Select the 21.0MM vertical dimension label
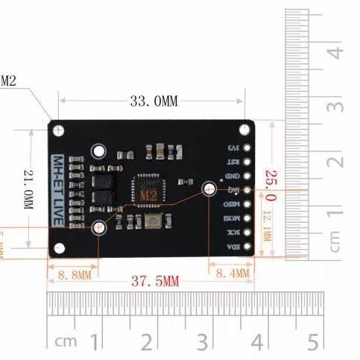tap(28, 189)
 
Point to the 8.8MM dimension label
tap(73, 275)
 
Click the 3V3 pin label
tap(233, 148)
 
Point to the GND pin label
tap(233, 176)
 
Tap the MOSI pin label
tap(233, 218)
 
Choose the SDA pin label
tap(233, 247)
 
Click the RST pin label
tap(233, 162)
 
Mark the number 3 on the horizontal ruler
tap(203, 343)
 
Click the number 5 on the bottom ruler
tap(312, 343)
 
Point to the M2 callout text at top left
tap(9, 80)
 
